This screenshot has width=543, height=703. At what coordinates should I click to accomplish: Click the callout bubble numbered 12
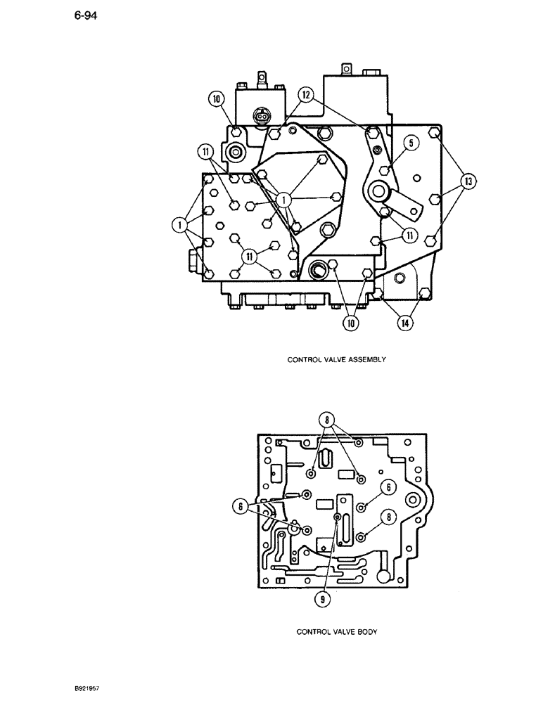(x=305, y=94)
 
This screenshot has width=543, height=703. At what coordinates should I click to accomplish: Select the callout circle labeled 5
(x=411, y=143)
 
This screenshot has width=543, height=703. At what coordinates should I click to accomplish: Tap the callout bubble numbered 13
(x=466, y=182)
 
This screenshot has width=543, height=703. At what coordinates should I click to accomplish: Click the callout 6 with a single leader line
(x=386, y=487)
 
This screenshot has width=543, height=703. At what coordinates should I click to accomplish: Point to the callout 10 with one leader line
(x=215, y=99)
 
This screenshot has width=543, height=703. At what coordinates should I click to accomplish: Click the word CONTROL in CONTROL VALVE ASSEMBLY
(x=302, y=359)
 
